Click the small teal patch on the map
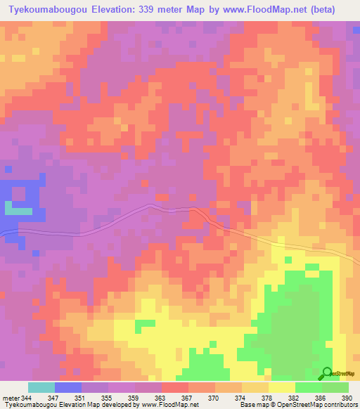pyautogui.click(x=18, y=209)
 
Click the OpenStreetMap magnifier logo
pyautogui.click(x=328, y=373)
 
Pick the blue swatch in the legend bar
pyautogui.click(x=68, y=388)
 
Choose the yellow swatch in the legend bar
pyautogui.click(x=281, y=388)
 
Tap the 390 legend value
pyautogui.click(x=346, y=398)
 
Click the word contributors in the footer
pyautogui.click(x=340, y=405)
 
